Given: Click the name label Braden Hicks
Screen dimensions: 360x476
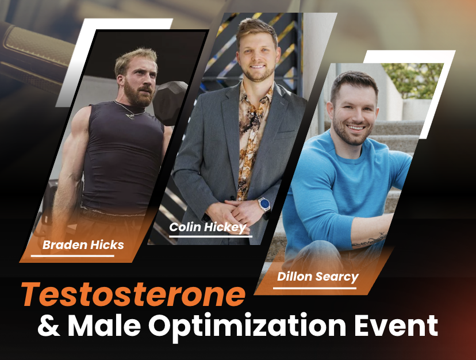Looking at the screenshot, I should coord(83,246).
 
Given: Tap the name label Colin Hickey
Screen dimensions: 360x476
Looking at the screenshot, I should coord(208,227).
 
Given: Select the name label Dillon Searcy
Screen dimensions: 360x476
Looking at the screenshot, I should coord(317,277).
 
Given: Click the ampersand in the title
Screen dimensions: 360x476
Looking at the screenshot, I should coord(48,326).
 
